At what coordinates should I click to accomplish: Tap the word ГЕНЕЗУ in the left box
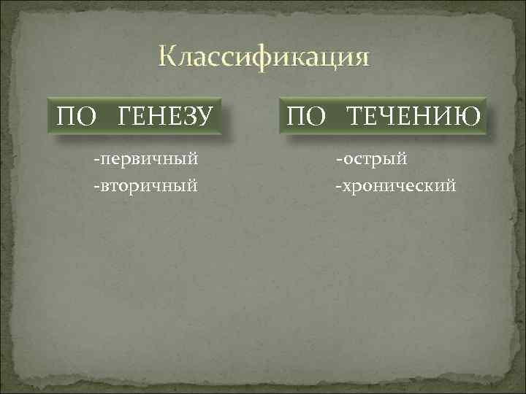point(165,115)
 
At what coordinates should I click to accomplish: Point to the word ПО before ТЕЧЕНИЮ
point(307,115)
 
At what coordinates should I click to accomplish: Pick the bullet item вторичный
point(147,186)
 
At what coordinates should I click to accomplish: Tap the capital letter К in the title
point(167,57)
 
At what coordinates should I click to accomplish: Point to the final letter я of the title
point(360,58)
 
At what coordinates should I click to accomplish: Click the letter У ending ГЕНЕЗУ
point(205,115)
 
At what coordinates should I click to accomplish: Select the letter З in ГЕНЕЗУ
point(189,115)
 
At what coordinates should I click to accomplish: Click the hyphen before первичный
point(95,158)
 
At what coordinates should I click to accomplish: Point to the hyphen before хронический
point(337,187)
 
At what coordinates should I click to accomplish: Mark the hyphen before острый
point(338,158)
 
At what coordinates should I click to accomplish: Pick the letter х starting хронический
point(344,187)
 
